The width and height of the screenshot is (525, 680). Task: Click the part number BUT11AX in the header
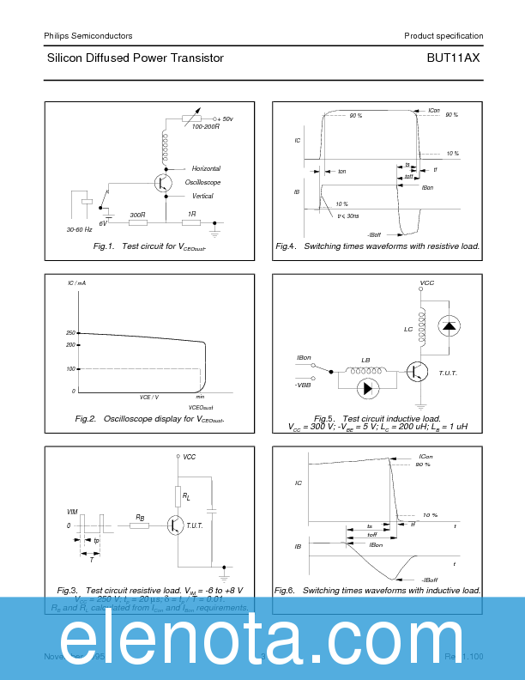[453, 58]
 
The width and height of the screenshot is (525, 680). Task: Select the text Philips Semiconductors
[87, 36]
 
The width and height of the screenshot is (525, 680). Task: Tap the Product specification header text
[444, 36]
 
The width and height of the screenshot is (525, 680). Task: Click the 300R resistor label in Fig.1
[136, 214]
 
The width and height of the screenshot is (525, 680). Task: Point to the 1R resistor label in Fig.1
[192, 214]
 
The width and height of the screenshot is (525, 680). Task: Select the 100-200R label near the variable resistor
[206, 127]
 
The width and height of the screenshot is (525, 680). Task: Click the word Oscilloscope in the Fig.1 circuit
[203, 183]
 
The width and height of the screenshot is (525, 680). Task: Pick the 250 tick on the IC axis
[70, 333]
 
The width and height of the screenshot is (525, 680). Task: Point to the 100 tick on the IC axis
[70, 369]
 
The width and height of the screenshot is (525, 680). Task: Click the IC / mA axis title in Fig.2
[77, 283]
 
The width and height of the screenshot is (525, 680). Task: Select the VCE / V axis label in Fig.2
[149, 397]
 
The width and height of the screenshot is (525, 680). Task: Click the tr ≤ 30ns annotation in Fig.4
[348, 216]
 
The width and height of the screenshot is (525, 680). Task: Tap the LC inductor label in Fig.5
[408, 329]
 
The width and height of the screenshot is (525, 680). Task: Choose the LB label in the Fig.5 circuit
[365, 360]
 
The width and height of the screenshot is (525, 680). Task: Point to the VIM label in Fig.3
[72, 512]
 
